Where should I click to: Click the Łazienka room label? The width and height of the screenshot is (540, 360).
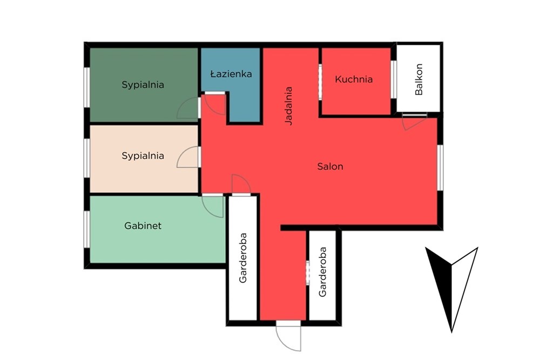click(231, 73)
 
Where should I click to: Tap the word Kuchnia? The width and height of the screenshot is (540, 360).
click(354, 79)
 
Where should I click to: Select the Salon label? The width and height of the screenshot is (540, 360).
click(330, 167)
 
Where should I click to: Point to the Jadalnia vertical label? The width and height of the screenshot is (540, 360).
click(288, 106)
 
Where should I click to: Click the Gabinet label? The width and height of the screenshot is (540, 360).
click(143, 226)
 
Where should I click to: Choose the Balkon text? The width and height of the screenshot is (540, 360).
click(418, 79)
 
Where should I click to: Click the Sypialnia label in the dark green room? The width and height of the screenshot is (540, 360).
click(143, 85)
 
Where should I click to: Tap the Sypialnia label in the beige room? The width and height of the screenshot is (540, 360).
click(143, 155)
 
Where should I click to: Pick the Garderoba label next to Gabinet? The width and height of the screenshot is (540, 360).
click(243, 258)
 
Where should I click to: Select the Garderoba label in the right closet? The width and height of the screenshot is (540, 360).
click(322, 272)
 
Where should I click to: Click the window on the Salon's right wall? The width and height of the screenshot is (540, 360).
click(440, 168)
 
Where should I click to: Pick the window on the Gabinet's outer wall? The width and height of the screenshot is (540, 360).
click(87, 229)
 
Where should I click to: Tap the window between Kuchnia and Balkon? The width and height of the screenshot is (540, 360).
click(394, 79)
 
